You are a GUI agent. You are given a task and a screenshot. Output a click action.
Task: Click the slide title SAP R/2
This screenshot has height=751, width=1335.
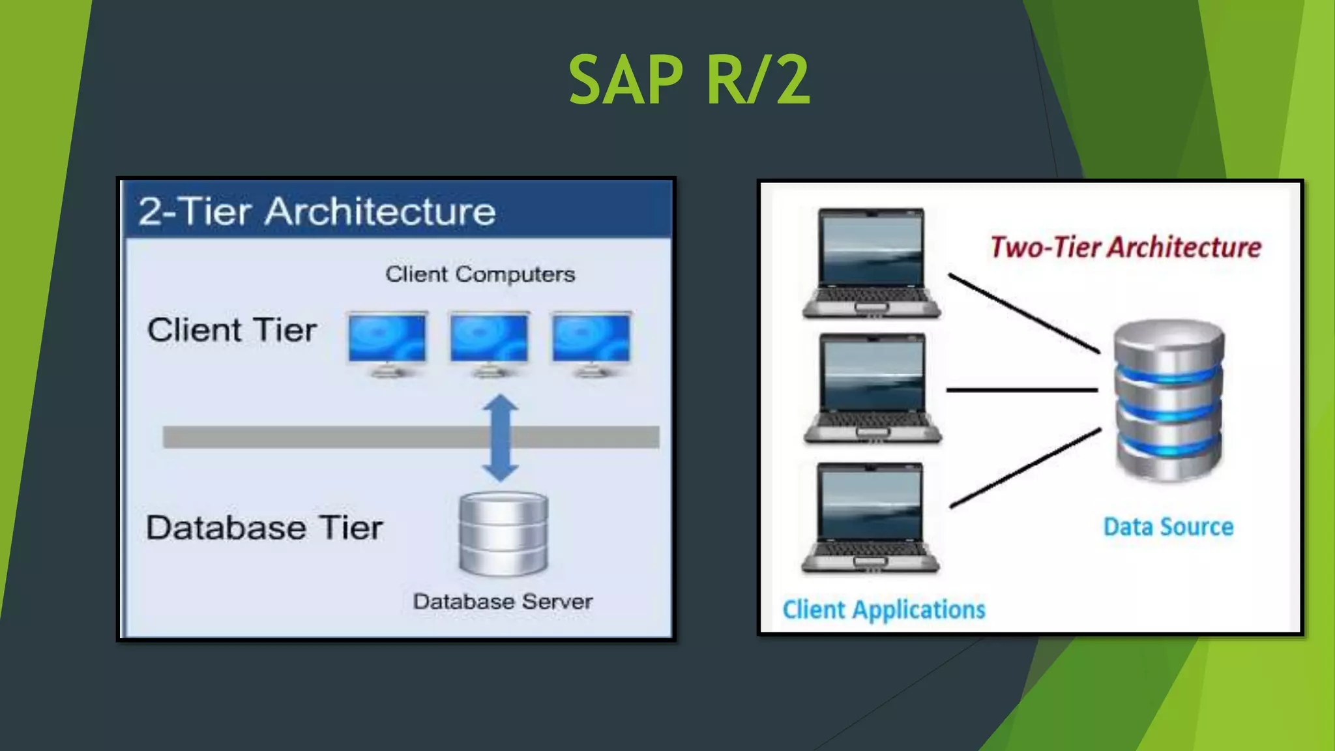click(689, 80)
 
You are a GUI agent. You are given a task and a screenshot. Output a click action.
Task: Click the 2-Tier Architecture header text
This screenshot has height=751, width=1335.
click(317, 211)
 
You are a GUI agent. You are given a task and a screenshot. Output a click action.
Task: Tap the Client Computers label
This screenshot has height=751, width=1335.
click(480, 274)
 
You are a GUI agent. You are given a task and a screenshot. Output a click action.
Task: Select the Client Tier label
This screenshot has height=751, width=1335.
click(232, 330)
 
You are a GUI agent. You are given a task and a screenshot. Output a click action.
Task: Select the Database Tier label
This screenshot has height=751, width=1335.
click(264, 527)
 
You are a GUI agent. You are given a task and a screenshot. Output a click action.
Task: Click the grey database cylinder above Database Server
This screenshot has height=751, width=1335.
click(503, 534)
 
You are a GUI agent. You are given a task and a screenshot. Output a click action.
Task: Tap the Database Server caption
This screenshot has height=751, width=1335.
click(503, 601)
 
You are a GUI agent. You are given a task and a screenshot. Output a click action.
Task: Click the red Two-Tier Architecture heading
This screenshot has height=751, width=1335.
click(1126, 247)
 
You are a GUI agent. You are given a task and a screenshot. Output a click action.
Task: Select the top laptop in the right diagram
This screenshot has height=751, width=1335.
click(872, 263)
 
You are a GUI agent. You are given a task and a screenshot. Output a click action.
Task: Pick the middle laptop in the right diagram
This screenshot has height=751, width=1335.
click(873, 388)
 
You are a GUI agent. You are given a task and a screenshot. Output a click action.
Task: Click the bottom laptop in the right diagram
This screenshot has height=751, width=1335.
click(871, 518)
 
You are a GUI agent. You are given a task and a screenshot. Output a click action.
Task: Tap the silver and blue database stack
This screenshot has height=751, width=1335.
click(1169, 400)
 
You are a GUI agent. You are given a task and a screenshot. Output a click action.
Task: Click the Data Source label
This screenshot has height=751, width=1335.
click(1168, 527)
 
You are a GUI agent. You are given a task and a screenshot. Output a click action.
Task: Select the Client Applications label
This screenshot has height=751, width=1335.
click(883, 610)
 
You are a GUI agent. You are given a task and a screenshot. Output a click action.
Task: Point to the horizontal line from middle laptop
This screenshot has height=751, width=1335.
click(1021, 390)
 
